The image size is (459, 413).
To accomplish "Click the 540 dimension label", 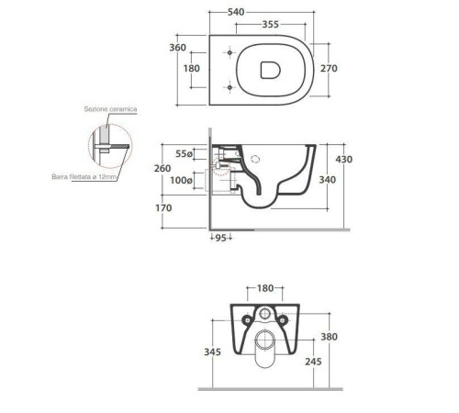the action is pos(236,12).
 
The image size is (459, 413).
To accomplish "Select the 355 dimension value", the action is pos(271,24).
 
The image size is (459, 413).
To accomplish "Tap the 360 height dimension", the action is pos(178,48).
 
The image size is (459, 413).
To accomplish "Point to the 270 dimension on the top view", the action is pos(329,68).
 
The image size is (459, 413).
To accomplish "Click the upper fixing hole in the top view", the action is pos(229,52).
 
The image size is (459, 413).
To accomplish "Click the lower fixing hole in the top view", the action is pos(229,87).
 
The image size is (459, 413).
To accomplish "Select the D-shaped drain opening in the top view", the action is pos(271,70).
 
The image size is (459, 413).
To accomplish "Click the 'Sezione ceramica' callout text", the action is pos(110,109).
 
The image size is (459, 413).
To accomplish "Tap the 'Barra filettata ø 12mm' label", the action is pos(84,177).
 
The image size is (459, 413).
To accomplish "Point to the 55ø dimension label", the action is pos(184,154).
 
